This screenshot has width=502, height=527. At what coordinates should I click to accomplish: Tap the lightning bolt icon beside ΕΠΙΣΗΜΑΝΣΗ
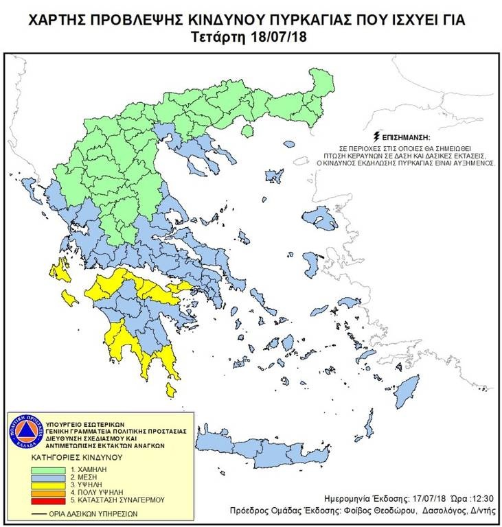pos(374,137)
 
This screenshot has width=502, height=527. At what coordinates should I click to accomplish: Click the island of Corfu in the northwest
pos(30,189)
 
